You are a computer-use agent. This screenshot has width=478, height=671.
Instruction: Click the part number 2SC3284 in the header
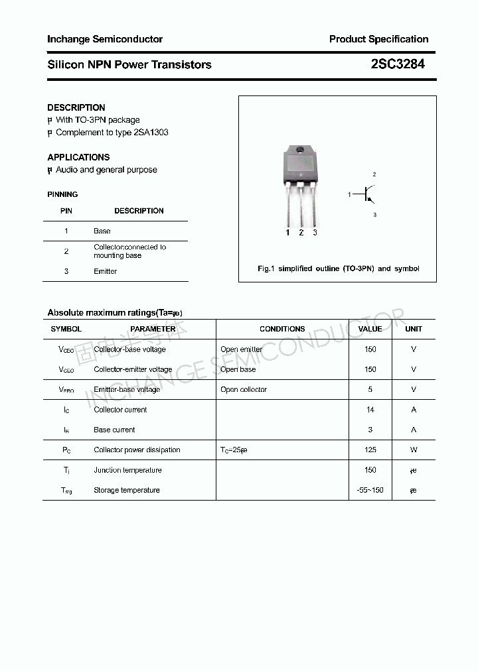[x=398, y=64]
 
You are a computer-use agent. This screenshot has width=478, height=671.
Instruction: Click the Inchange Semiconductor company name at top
[x=105, y=39]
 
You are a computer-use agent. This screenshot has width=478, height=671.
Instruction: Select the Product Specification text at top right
[x=378, y=39]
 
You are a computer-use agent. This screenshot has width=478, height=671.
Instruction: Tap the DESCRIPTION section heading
[x=76, y=107]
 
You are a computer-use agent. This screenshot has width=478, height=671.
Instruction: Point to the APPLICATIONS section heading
[x=78, y=157]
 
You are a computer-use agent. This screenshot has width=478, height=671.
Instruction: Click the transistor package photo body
[x=301, y=164]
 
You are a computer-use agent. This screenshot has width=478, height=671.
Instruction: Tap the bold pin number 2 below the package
[x=301, y=233]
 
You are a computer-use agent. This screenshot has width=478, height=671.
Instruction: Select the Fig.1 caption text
[x=338, y=269]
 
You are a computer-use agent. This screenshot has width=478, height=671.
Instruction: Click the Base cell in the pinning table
[x=102, y=231]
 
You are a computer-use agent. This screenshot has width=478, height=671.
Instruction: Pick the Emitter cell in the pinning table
[x=105, y=271]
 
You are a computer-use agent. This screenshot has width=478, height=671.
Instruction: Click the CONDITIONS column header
[x=282, y=329]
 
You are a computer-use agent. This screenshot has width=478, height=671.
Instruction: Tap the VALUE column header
[x=370, y=329]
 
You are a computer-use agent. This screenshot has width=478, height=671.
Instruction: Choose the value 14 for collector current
[x=370, y=410]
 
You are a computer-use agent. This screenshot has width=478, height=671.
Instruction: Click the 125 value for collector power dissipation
[x=370, y=450]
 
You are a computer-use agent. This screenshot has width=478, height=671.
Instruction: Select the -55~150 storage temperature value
[x=370, y=490]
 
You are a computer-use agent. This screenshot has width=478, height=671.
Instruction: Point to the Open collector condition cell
[x=244, y=389]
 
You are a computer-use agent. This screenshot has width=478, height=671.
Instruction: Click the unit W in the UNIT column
[x=414, y=450]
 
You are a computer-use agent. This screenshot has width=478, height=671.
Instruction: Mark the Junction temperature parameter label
[x=127, y=470]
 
